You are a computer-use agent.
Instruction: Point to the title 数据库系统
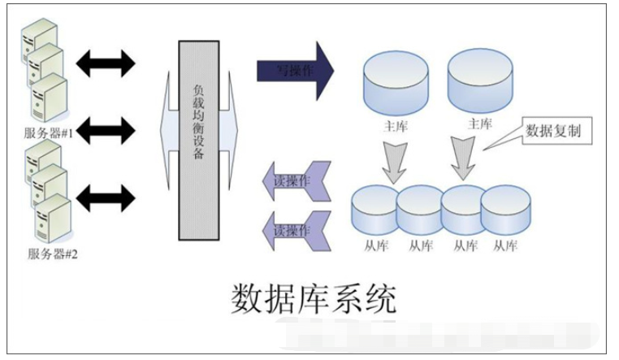point(315,300)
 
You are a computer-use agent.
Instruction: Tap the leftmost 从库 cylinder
point(374,211)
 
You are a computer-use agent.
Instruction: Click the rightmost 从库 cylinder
point(505,211)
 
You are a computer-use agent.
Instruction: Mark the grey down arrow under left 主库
point(396,160)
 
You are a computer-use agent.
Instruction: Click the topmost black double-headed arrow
point(104,60)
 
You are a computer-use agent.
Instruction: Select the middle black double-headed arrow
point(104,128)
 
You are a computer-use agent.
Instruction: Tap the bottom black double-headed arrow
point(104,196)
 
